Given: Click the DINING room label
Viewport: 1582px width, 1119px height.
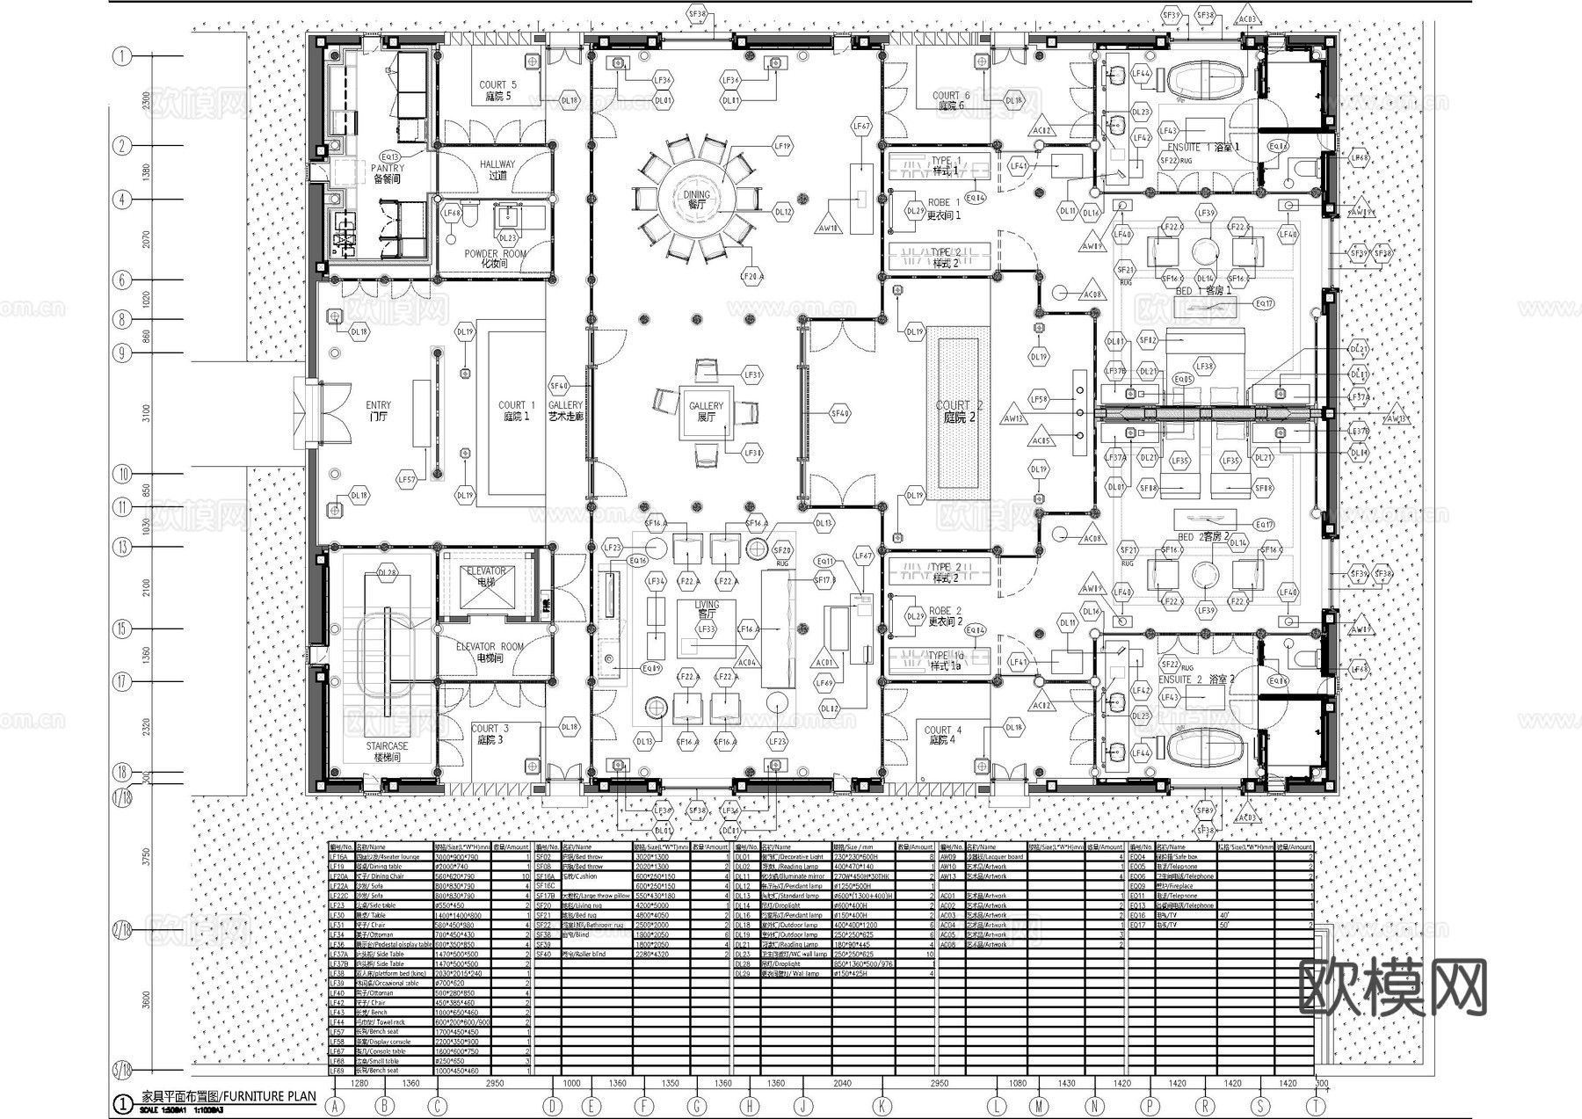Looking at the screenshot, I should click(x=696, y=200).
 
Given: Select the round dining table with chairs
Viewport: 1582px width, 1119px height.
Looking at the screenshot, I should click(x=697, y=200).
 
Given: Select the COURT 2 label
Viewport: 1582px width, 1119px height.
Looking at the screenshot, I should click(x=959, y=411).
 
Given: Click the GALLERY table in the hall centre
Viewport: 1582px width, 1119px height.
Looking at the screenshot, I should click(x=707, y=411).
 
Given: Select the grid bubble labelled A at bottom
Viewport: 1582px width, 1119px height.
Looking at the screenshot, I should click(x=335, y=1107).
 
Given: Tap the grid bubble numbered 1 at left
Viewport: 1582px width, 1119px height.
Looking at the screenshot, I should click(x=122, y=56).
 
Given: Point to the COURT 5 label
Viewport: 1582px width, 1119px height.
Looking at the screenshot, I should click(x=497, y=91).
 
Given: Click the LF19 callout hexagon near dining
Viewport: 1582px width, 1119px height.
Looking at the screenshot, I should click(x=781, y=146).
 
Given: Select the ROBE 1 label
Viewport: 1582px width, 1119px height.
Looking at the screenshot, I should click(x=944, y=208).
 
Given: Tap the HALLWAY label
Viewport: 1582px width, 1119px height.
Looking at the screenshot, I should click(x=497, y=170).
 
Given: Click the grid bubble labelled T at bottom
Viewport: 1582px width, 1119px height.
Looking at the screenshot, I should click(x=1315, y=1107).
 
